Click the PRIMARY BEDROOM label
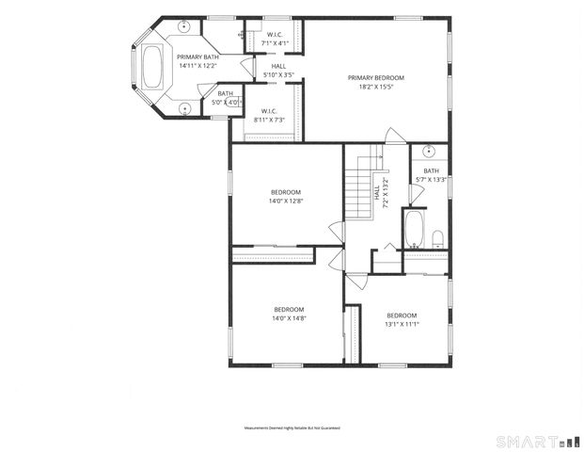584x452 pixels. tap(375, 77)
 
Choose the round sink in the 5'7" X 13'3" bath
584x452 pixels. tap(428, 151)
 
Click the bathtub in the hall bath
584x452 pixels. tap(414, 227)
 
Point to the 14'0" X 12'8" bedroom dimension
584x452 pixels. tap(286, 200)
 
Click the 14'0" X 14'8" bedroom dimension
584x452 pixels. tap(290, 318)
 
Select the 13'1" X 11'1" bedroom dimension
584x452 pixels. tap(402, 324)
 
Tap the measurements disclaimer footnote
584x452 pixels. tap(292, 428)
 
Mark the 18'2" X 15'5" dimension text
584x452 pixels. tap(375, 86)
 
